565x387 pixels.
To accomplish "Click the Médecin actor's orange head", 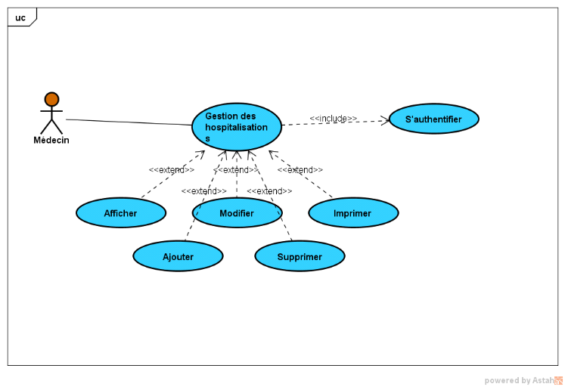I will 51,99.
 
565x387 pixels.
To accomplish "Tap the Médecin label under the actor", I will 51,140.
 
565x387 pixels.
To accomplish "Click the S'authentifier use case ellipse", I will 434,119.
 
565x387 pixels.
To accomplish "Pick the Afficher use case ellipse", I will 120,213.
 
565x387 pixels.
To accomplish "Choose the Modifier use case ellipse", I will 237,213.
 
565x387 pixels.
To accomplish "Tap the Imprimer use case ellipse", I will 353,213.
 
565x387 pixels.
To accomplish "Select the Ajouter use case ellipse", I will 178,256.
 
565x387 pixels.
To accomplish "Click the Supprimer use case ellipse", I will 300,256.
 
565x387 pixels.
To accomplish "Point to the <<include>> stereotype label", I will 333,119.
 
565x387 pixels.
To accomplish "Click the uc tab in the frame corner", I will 20,17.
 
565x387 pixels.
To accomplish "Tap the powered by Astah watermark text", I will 518,380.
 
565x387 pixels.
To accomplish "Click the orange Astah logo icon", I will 558,380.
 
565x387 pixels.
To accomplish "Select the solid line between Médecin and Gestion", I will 129,122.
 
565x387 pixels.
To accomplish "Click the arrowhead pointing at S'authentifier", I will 386,119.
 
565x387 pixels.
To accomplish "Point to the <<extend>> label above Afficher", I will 172,170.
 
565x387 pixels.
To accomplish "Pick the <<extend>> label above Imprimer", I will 300,170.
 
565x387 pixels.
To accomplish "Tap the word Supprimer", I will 300,257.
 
